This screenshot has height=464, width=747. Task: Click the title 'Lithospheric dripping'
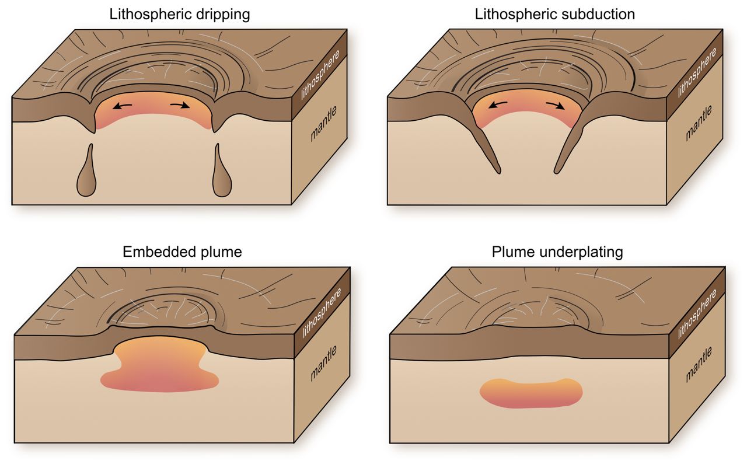click(x=180, y=15)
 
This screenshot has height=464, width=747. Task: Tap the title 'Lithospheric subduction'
click(x=554, y=15)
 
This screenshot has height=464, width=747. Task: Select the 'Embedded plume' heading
click(x=182, y=252)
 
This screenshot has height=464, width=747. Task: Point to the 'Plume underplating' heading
click(x=557, y=252)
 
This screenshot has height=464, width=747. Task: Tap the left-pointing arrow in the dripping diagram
click(x=122, y=106)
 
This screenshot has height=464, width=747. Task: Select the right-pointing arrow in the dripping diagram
click(x=180, y=106)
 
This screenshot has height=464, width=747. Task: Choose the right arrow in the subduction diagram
click(x=555, y=106)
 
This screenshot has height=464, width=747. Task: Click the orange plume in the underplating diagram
click(x=531, y=393)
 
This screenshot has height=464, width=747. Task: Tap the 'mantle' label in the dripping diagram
click(x=323, y=124)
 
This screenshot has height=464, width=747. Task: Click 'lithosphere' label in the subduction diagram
click(x=697, y=72)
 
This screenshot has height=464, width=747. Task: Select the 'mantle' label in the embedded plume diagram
click(x=323, y=363)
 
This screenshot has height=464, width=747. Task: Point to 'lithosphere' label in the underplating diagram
click(x=697, y=314)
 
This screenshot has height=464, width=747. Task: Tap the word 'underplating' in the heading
click(x=581, y=253)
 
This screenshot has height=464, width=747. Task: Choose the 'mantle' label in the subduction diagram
click(x=699, y=123)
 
